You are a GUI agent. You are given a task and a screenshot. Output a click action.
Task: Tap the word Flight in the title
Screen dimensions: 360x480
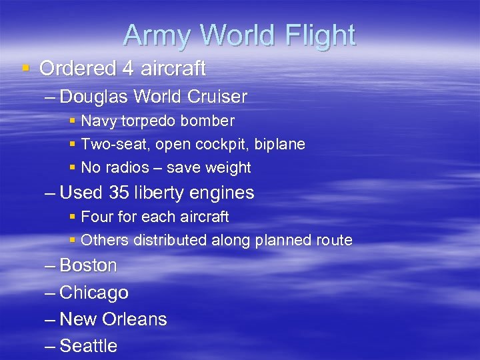(317, 35)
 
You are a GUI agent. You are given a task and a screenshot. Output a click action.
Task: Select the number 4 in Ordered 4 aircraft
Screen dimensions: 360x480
(128, 68)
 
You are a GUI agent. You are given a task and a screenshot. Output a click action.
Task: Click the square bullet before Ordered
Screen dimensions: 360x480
(26, 68)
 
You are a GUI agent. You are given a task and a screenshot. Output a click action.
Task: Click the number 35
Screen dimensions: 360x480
(119, 193)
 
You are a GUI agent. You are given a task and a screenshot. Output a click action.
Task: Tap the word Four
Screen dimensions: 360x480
(96, 217)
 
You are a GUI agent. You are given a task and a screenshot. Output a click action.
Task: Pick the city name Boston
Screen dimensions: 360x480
(88, 265)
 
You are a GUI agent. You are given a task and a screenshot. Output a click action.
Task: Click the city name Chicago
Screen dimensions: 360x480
(94, 293)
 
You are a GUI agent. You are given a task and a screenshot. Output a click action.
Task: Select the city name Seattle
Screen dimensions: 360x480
(88, 346)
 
